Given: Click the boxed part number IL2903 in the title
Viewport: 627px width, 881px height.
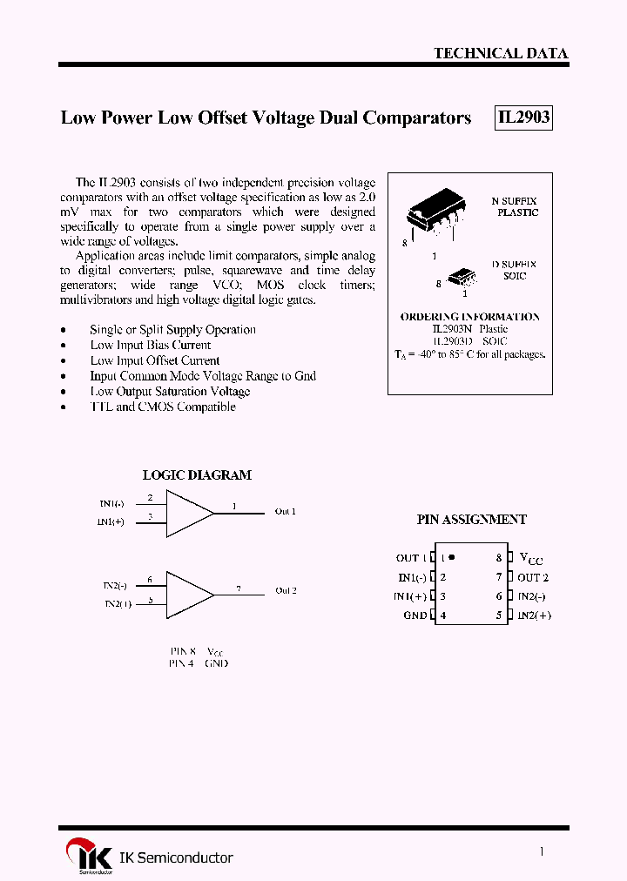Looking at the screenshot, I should pyautogui.click(x=523, y=118).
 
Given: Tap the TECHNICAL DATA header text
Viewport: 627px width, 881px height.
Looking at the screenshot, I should pyautogui.click(x=501, y=53).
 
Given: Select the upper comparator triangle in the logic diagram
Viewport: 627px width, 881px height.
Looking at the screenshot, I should pyautogui.click(x=187, y=513).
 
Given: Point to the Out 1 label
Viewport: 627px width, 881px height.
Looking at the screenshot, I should pyautogui.click(x=286, y=511).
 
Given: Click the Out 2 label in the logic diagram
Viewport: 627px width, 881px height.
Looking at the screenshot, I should pyautogui.click(x=286, y=591).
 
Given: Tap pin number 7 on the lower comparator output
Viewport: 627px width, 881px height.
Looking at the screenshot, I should pyautogui.click(x=239, y=588).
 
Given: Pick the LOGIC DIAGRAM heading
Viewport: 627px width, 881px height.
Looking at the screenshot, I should pyautogui.click(x=197, y=475).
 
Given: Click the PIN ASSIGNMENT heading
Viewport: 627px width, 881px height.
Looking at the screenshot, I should pyautogui.click(x=471, y=520).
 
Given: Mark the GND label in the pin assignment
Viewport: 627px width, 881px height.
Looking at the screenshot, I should pyautogui.click(x=415, y=615).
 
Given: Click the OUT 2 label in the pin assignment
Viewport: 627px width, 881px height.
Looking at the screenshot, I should pyautogui.click(x=533, y=577).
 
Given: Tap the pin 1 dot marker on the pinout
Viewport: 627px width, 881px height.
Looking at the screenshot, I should pyautogui.click(x=452, y=557).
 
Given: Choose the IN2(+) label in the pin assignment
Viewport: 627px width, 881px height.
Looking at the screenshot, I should pyautogui.click(x=534, y=615).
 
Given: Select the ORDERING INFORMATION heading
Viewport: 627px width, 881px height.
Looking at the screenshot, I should pyautogui.click(x=469, y=317).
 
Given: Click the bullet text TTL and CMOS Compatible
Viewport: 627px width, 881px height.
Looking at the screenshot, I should pyautogui.click(x=163, y=407).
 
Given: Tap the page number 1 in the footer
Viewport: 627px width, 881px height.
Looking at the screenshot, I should pyautogui.click(x=542, y=852).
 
